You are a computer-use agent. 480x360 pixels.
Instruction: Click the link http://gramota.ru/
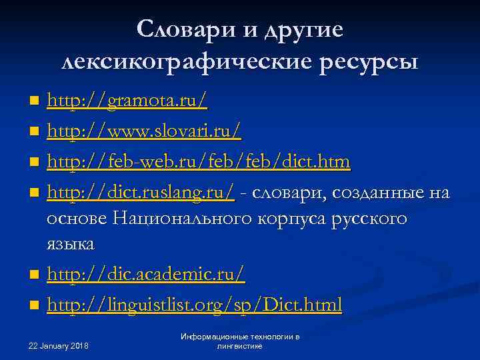(127, 101)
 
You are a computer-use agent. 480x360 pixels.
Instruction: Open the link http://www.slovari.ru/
(144, 131)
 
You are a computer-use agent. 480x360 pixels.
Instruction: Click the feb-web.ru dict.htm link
(199, 162)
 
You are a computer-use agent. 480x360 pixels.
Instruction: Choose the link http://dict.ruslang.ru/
(141, 193)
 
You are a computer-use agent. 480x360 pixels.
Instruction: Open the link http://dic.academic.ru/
(146, 274)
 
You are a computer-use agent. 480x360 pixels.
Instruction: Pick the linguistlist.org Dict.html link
(194, 305)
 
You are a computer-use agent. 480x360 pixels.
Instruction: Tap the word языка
(71, 244)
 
